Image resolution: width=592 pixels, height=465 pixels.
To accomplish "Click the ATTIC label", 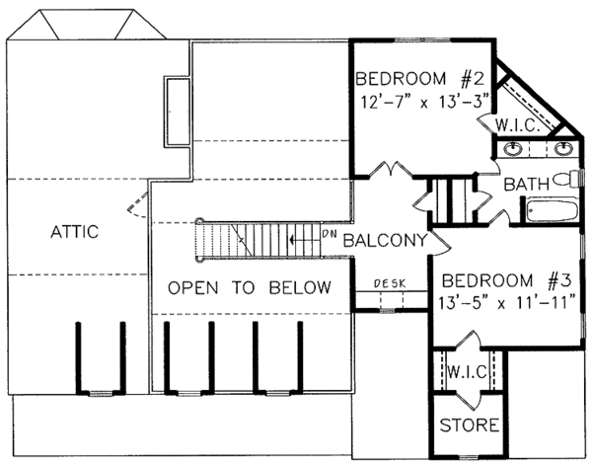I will click(74, 232).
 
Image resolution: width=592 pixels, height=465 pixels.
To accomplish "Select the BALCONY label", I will click(385, 239).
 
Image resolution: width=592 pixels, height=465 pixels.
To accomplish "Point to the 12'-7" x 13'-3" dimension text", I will click(417, 100).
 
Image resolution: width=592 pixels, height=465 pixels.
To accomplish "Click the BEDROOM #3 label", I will click(502, 278).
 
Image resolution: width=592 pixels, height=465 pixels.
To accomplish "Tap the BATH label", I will click(527, 185).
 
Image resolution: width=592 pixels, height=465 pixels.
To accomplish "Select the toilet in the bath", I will click(566, 180).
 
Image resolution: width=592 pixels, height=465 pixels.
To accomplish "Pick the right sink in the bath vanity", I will click(562, 150).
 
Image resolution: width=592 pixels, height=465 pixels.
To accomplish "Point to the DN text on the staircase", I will click(331, 234).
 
